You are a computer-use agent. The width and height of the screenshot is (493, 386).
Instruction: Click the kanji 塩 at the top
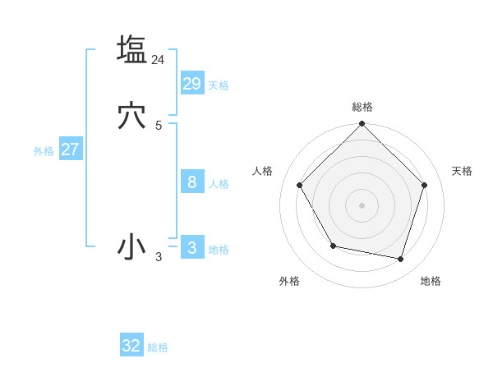click(131, 49)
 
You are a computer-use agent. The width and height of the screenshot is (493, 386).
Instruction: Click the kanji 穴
click(131, 116)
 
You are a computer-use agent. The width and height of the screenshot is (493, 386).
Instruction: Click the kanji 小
click(131, 247)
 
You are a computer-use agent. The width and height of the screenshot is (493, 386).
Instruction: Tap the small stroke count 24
click(159, 59)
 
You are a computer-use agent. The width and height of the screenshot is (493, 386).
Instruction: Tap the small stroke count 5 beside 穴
click(159, 126)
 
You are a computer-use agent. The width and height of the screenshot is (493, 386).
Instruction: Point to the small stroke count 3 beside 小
click(159, 257)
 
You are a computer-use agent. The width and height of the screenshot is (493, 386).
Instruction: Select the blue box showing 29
click(192, 83)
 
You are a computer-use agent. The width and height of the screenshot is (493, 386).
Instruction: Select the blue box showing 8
click(192, 182)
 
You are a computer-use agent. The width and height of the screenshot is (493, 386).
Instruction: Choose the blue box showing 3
click(192, 247)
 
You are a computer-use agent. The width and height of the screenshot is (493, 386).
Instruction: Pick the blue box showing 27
click(71, 149)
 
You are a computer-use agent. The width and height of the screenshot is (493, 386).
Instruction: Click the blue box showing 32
click(131, 346)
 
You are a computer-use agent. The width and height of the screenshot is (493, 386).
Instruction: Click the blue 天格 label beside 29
click(219, 85)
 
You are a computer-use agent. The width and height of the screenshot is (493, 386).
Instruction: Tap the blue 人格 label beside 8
click(219, 184)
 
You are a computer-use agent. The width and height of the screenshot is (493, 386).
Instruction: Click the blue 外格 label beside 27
click(44, 151)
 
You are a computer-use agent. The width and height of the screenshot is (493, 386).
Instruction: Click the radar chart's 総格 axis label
click(362, 107)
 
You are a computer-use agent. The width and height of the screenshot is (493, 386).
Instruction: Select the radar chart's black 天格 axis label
click(462, 171)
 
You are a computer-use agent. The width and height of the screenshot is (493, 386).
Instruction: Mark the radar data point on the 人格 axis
click(299, 185)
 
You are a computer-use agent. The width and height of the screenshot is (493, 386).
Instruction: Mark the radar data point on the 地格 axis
click(400, 259)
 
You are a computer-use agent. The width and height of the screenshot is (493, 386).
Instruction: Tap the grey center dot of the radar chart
click(362, 205)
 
